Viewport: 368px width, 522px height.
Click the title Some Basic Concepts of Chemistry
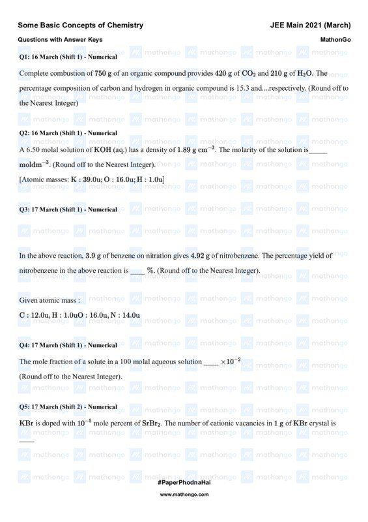pos(81,25)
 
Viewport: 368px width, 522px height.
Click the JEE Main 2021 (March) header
pos(310,25)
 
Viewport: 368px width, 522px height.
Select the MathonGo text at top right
pos(335,40)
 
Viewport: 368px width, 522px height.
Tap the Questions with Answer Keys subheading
pos(60,40)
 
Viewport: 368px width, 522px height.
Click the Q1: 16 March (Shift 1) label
pos(68,57)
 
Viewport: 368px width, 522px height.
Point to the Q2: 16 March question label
pos(68,133)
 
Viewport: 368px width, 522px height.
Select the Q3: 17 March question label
pos(68,209)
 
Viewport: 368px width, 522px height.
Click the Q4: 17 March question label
pos(68,345)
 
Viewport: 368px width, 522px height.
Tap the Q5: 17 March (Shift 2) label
pos(68,407)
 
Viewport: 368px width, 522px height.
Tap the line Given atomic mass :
pos(50,300)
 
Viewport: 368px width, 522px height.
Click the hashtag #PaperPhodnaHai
pos(184,481)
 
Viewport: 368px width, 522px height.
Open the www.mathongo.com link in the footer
pos(184,495)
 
